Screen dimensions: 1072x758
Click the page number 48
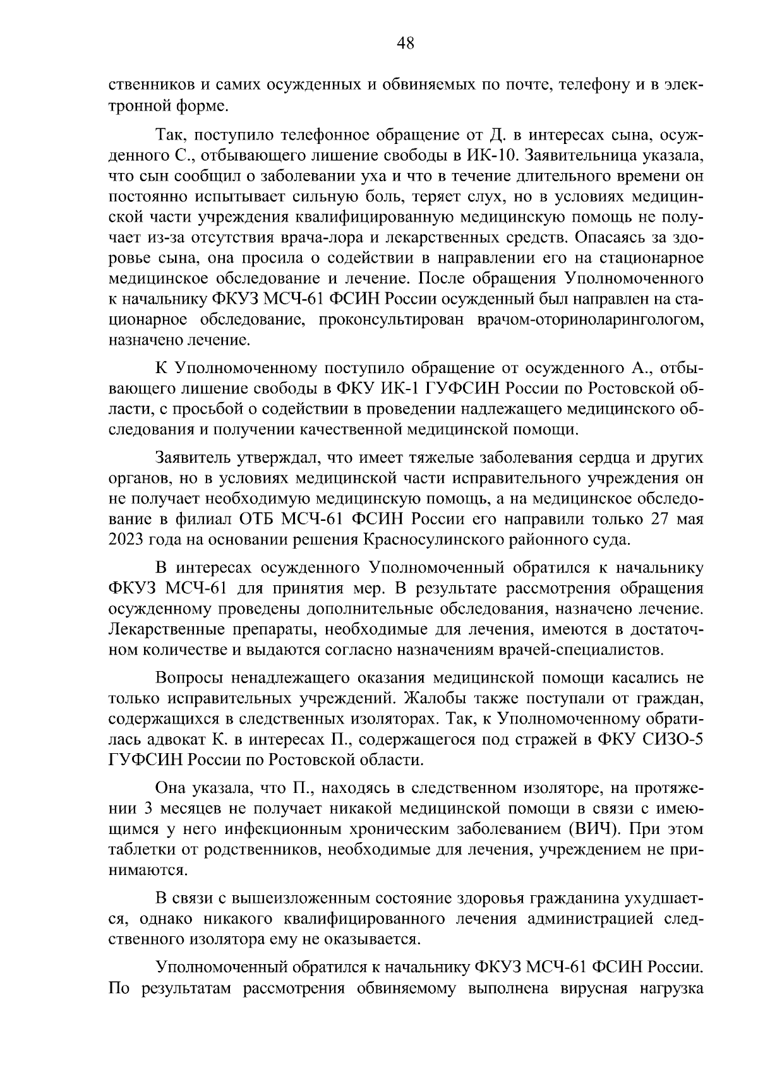405,43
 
